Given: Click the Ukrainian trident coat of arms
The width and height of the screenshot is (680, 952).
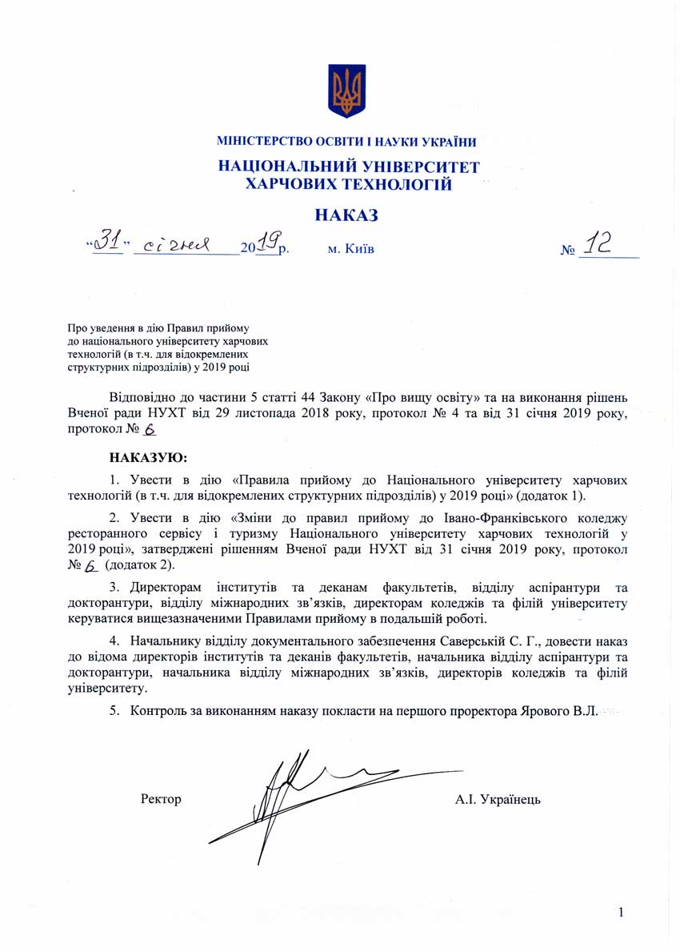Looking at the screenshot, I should (346, 91).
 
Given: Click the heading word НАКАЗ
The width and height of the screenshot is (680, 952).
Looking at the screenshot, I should (346, 215).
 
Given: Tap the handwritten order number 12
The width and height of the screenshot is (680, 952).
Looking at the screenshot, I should (598, 246).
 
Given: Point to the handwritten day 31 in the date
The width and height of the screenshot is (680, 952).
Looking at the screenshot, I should (106, 243).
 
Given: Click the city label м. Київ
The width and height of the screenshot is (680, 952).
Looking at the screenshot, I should (350, 249).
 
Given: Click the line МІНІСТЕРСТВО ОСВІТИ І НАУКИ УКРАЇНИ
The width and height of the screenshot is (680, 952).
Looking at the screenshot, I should (346, 143).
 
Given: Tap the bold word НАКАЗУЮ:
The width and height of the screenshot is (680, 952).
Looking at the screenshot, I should (147, 458).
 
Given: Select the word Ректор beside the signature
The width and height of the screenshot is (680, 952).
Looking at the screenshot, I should (161, 799).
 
